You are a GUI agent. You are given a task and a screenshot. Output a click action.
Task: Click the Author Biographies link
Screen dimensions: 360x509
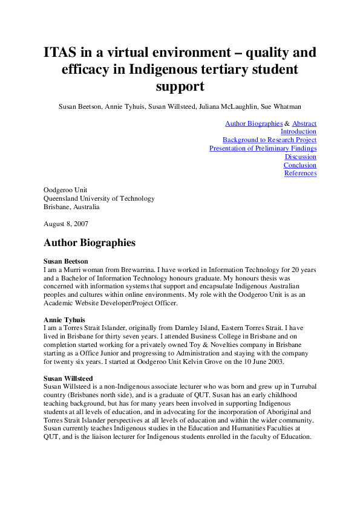coord(254,123)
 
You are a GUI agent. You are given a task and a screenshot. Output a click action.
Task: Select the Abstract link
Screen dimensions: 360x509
coord(304,123)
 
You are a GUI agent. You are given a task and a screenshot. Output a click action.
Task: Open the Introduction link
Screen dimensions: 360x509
coord(298,131)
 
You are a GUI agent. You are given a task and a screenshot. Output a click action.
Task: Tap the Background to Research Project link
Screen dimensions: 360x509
coord(269,140)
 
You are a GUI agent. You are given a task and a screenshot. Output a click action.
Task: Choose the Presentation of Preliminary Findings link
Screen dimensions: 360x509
coord(263,148)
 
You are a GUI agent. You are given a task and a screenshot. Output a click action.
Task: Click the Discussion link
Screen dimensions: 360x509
coord(301,157)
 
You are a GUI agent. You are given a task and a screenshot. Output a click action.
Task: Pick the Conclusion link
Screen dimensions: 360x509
coord(300,165)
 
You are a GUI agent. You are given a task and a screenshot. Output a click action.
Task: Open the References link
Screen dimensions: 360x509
coord(300,173)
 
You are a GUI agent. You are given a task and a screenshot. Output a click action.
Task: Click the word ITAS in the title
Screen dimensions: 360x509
coord(62,53)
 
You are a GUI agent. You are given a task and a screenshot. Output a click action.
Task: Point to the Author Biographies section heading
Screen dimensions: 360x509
coord(90,243)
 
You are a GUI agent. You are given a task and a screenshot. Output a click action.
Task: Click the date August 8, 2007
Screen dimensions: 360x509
coord(66,224)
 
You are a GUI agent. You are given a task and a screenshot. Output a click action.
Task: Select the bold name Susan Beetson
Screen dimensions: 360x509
coord(66,261)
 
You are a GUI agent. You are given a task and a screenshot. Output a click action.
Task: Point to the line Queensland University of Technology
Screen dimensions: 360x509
coord(99,198)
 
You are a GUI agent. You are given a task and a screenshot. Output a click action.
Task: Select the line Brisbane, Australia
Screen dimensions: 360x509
coord(71,207)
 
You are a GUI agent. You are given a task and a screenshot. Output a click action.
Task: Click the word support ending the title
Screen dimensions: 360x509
coord(180,86)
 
